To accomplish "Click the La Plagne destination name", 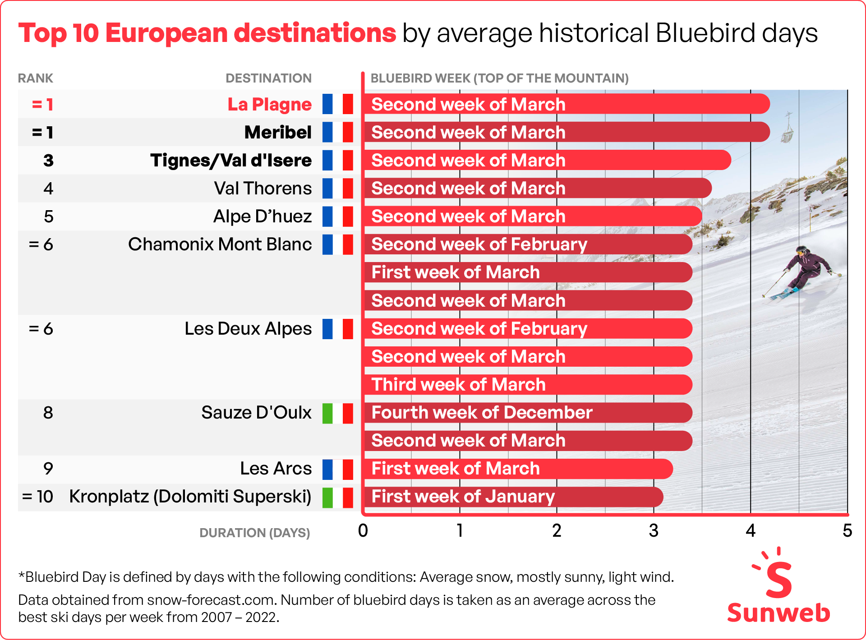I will [269, 104].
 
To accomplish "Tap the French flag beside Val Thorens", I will [337, 188].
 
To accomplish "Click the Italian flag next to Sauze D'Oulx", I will [337, 413].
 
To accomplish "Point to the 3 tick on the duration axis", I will [654, 531].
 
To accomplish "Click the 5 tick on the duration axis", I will [847, 531].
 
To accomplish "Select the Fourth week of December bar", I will [528, 413].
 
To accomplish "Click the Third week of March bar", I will [528, 385].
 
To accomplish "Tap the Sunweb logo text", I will [778, 613].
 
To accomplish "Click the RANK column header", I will [36, 78].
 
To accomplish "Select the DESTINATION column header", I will [268, 78].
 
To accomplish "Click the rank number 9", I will [48, 469].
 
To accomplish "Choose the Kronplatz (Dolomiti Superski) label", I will [190, 497].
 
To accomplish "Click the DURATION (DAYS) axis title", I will [254, 533].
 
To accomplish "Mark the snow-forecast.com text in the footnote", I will [211, 600].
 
